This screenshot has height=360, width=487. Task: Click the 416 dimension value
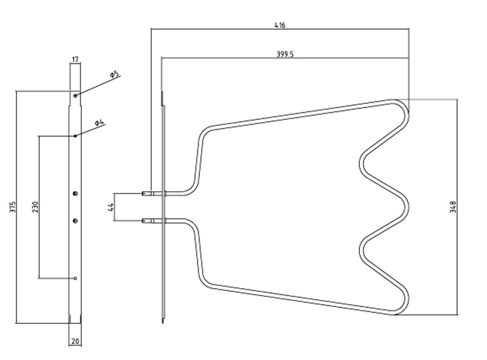tap(279, 25)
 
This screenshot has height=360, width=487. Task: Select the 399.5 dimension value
tap(285, 54)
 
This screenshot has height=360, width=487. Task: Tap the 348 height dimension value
tap(453, 207)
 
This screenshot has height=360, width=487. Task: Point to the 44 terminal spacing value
tap(110, 207)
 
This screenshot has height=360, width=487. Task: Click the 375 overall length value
tap(12, 207)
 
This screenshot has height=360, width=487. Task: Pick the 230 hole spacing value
tap(35, 207)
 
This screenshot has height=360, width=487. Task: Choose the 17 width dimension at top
tap(75, 59)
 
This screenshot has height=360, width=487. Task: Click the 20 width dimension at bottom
tap(75, 342)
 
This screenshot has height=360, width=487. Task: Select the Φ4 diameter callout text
tap(99, 123)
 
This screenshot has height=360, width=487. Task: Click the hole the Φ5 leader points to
tap(75, 96)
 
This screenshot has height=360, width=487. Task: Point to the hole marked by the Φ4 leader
tap(75, 136)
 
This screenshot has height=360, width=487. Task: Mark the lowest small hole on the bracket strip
tap(75, 278)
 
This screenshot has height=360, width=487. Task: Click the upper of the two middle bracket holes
tap(75, 194)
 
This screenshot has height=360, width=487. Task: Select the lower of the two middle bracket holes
tap(75, 221)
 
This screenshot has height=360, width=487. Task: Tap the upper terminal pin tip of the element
tap(143, 193)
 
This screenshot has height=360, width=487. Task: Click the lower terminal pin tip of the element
tap(143, 221)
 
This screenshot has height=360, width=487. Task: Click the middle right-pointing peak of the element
tap(405, 207)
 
